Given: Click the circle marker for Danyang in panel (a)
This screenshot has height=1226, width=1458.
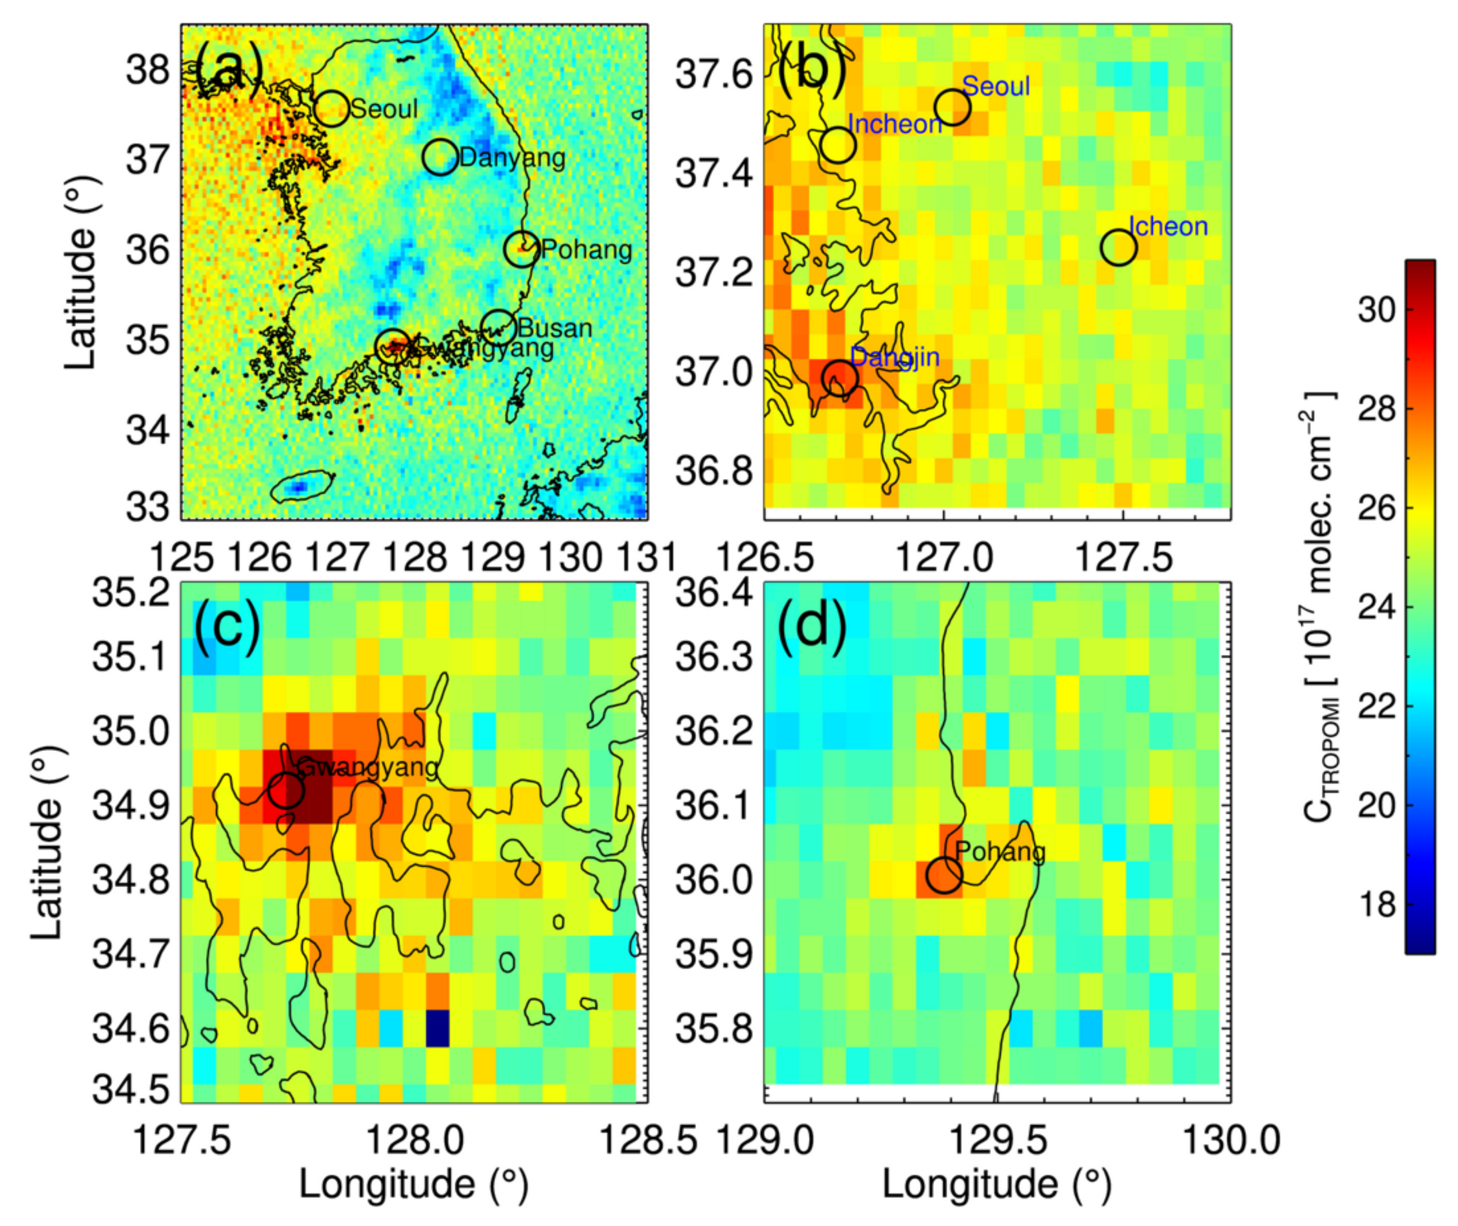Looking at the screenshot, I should [x=440, y=157].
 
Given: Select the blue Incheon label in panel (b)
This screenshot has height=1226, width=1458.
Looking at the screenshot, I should [x=895, y=125].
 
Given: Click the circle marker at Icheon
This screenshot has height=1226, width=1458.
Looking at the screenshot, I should [x=1118, y=247].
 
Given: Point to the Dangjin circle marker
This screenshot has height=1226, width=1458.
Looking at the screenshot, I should [x=840, y=378].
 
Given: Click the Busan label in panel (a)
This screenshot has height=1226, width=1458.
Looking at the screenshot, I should [x=555, y=328].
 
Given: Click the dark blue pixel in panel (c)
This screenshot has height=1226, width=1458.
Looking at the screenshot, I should [x=437, y=1028].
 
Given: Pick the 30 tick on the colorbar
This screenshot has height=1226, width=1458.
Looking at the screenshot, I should [x=1377, y=309].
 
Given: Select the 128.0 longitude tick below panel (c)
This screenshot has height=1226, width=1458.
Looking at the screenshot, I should [x=415, y=1141].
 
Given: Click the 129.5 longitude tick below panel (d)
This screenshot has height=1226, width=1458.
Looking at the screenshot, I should [x=997, y=1141].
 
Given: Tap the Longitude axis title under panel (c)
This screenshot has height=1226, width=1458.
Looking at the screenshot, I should [x=414, y=1184].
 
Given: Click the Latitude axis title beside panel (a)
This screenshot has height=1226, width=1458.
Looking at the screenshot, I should [x=80, y=272].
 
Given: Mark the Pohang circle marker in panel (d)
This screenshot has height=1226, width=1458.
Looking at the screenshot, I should [x=944, y=875].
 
